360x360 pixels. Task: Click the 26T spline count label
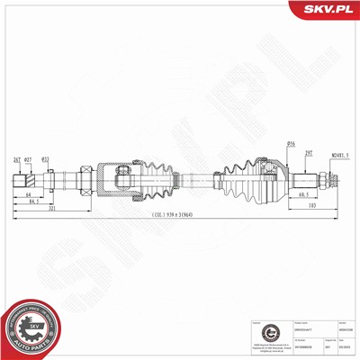(17, 160)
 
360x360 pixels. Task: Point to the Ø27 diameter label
(30, 160)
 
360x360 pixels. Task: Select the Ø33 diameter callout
(46, 160)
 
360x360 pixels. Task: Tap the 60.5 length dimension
(303, 193)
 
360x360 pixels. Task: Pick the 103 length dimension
(312, 207)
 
